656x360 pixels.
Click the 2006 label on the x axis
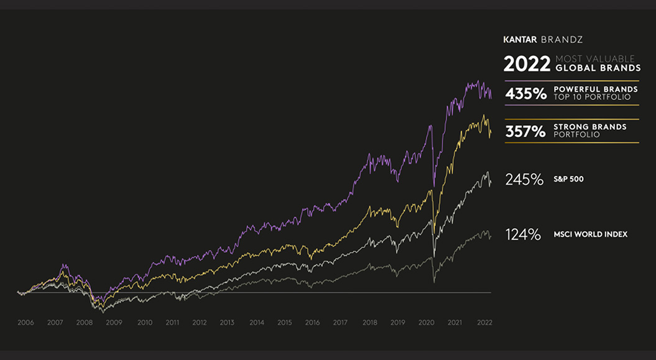(x=25, y=323)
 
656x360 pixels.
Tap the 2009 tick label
(x=113, y=323)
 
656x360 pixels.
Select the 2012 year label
(x=200, y=323)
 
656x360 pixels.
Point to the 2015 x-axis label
(x=285, y=323)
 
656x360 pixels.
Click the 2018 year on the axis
(x=369, y=323)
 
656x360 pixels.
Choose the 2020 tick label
(x=427, y=323)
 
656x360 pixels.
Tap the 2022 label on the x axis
(x=484, y=323)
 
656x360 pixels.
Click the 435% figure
(x=525, y=94)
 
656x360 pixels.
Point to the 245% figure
(x=524, y=180)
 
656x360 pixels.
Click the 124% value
(x=523, y=234)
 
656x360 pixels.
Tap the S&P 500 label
(x=568, y=180)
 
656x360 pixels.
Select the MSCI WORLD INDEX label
(x=590, y=234)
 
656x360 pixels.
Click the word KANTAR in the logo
(x=520, y=39)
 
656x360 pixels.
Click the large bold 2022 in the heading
(x=527, y=64)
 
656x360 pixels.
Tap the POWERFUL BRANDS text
(x=595, y=90)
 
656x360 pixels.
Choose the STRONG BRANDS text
(x=589, y=127)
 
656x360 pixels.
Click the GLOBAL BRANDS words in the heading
(x=596, y=68)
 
